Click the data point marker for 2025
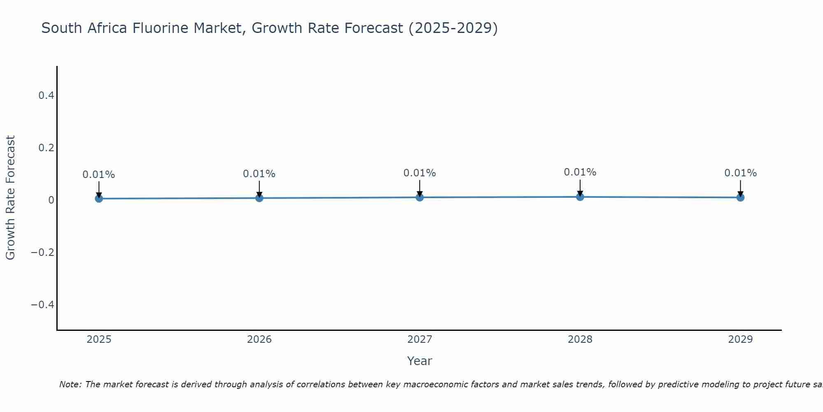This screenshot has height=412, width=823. click(99, 199)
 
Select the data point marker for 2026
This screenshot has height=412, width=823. click(259, 198)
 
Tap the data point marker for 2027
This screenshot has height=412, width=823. click(420, 197)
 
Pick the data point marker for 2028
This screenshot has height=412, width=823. click(580, 197)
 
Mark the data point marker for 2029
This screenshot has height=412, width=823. click(740, 197)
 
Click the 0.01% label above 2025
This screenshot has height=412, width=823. click(99, 175)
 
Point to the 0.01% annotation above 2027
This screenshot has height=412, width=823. click(420, 173)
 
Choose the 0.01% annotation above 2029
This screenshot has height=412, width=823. click(740, 173)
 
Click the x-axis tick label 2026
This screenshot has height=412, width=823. click(259, 339)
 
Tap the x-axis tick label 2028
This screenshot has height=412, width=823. click(580, 339)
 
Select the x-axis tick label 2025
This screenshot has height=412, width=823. click(99, 339)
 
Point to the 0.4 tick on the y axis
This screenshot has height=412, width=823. click(46, 96)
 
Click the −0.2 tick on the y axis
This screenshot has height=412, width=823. click(42, 252)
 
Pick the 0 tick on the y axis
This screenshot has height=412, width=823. click(51, 200)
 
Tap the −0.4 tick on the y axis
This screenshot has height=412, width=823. click(42, 304)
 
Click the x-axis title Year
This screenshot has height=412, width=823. click(419, 361)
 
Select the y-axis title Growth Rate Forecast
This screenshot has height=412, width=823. click(10, 198)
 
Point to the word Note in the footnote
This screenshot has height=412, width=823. click(70, 384)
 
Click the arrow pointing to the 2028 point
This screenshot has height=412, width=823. click(580, 187)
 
